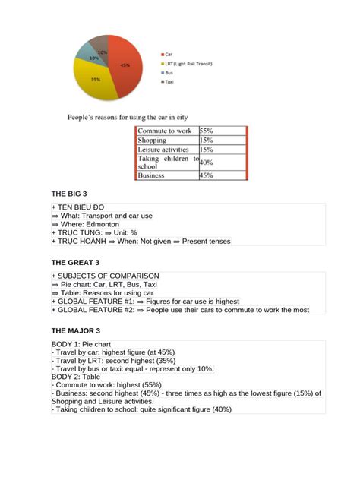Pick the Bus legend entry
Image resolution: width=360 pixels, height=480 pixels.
pyautogui.click(x=169, y=73)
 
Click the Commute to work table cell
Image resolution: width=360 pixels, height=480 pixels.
pyautogui.click(x=165, y=131)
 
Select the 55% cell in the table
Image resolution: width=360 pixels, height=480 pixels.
pyautogui.click(x=206, y=131)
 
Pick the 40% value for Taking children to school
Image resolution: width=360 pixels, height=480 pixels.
pyautogui.click(x=206, y=163)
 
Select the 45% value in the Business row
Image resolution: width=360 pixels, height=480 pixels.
pyautogui.click(x=206, y=175)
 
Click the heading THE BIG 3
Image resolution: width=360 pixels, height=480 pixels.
pyautogui.click(x=69, y=194)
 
